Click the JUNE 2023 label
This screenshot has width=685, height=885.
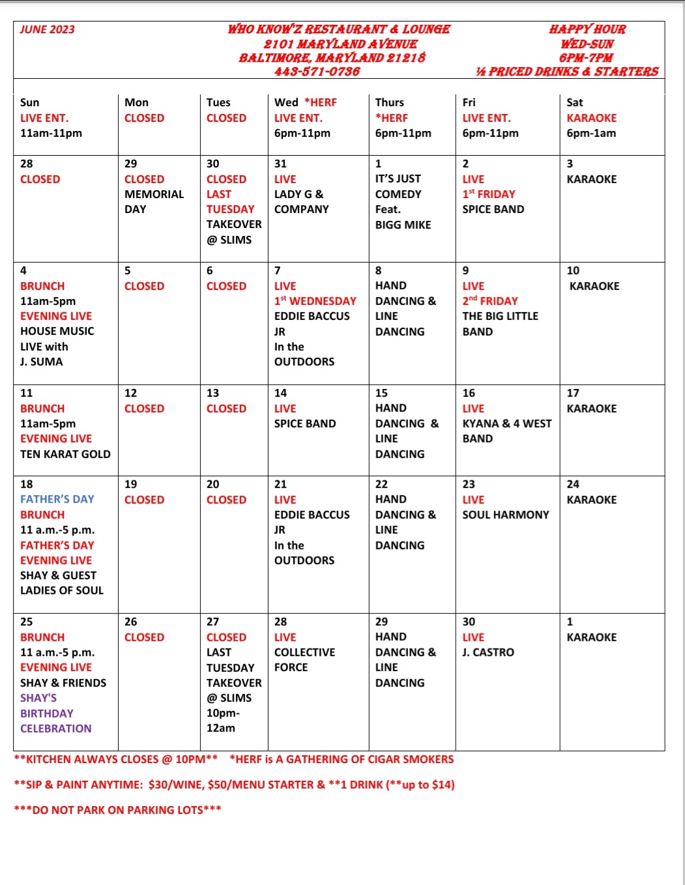(47, 29)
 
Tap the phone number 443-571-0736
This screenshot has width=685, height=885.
(317, 71)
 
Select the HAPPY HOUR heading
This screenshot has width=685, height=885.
(587, 29)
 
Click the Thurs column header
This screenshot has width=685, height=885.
(389, 102)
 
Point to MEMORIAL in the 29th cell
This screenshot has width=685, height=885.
(154, 194)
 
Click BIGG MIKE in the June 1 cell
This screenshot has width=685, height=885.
(403, 225)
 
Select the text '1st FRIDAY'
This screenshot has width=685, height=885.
(488, 194)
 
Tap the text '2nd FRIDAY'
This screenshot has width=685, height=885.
(489, 301)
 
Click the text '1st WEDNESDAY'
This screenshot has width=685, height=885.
(315, 301)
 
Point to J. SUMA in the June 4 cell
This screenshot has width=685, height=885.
(41, 362)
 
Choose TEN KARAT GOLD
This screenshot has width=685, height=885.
(65, 454)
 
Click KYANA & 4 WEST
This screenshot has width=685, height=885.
(506, 424)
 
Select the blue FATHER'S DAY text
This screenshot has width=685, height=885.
(57, 499)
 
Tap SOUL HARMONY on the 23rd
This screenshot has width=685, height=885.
(505, 515)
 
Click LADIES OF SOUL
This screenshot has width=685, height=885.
(61, 590)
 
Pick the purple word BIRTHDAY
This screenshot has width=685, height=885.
(46, 714)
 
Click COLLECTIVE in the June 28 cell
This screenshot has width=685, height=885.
(304, 652)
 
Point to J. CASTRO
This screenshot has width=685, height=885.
(488, 652)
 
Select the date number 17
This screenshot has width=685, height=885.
(572, 393)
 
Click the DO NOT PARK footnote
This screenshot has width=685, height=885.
(117, 810)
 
